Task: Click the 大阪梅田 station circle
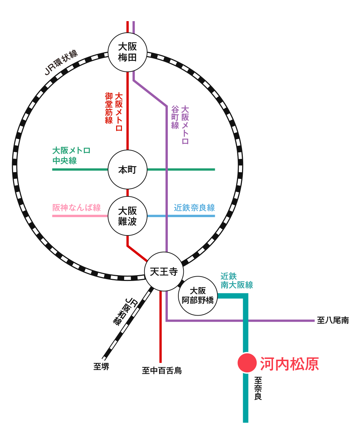(x=127, y=52)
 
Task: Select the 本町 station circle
(x=127, y=169)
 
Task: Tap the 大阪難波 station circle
(x=127, y=216)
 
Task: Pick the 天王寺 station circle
(x=164, y=271)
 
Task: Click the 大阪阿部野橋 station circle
(x=198, y=296)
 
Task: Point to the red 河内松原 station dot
(x=247, y=363)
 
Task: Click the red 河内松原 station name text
(x=289, y=364)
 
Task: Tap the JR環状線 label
(x=61, y=63)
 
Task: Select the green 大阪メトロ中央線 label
(x=71, y=156)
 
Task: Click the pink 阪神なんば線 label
(x=76, y=208)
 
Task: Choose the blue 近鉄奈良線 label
(x=194, y=208)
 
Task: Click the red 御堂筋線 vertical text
(x=109, y=108)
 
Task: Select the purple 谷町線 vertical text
(x=175, y=117)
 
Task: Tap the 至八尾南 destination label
(x=333, y=321)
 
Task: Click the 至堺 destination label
(x=101, y=367)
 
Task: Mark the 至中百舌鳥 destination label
(x=162, y=371)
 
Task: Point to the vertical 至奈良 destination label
(x=258, y=388)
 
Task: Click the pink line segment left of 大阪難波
(x=80, y=216)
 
